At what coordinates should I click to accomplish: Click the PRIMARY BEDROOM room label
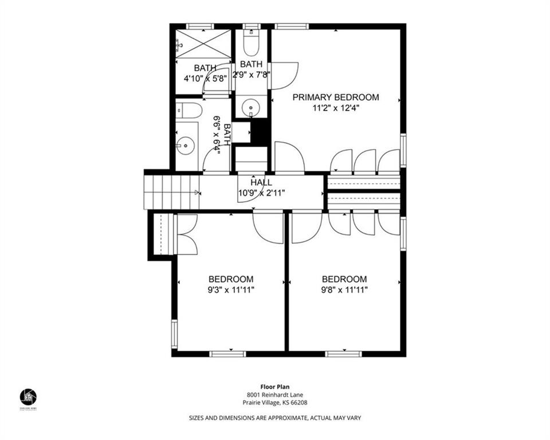(x=336, y=97)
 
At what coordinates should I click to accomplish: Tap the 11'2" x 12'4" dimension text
(x=336, y=108)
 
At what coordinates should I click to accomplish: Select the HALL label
(x=261, y=182)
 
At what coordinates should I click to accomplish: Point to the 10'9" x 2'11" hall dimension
(x=261, y=192)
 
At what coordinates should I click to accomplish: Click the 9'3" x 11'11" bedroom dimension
(x=231, y=290)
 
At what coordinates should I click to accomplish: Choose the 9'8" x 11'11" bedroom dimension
(x=344, y=290)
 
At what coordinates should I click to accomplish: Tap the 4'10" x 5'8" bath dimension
(x=205, y=78)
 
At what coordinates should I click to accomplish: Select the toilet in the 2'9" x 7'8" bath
(x=252, y=41)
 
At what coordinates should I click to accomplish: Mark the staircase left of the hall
(x=171, y=192)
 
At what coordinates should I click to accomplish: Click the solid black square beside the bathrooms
(x=261, y=132)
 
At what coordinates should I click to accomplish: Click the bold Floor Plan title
(x=275, y=387)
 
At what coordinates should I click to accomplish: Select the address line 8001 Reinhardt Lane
(x=275, y=395)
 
